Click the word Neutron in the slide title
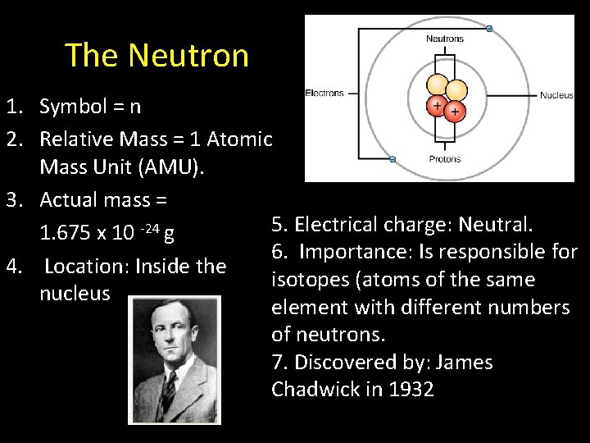click(x=188, y=56)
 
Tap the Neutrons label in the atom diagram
click(x=444, y=39)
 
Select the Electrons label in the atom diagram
click(x=324, y=94)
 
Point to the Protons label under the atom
click(x=444, y=159)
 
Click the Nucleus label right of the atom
click(x=556, y=95)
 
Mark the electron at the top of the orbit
click(x=489, y=29)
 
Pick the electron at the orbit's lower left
click(x=393, y=158)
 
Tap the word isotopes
click(x=313, y=280)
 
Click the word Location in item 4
click(x=86, y=267)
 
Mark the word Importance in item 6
click(x=347, y=252)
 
